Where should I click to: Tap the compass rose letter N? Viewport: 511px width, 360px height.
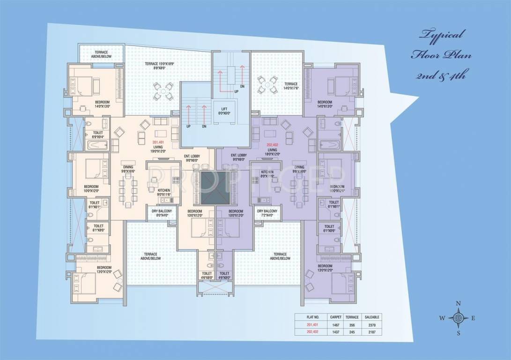coord(458,303)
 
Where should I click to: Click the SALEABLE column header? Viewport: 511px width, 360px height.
coord(373,317)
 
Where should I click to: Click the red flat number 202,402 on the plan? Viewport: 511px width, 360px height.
coord(272,145)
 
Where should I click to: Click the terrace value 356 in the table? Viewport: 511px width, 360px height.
coord(352,324)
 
